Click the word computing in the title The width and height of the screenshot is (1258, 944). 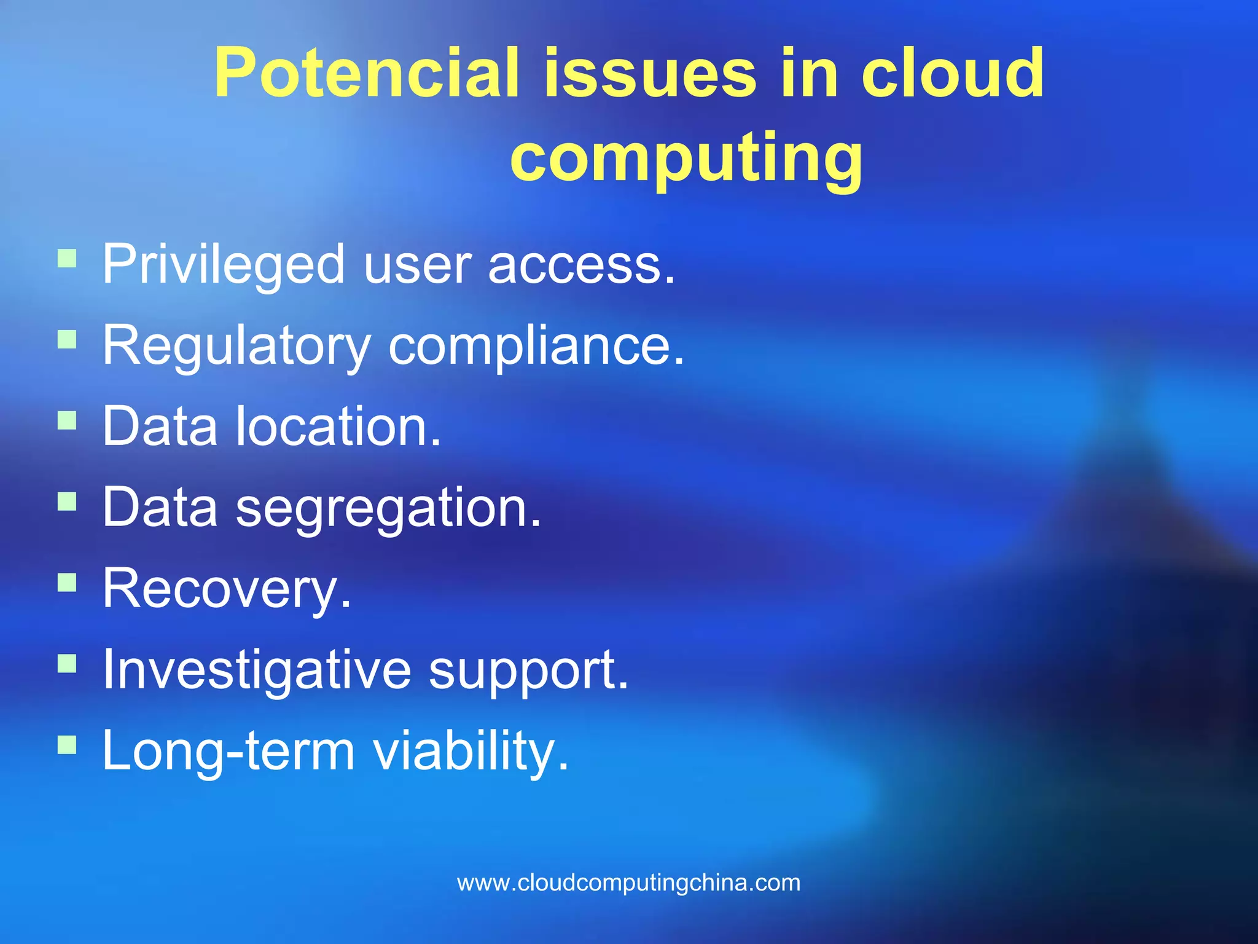coord(686,159)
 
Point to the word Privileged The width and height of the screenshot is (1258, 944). coord(223,265)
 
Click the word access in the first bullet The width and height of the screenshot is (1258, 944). coord(580,265)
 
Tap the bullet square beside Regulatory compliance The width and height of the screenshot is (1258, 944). coord(67,340)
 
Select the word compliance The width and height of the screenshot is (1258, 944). coord(536,347)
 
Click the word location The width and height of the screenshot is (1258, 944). coord(338,427)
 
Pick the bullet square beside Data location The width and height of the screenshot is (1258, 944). coord(67,421)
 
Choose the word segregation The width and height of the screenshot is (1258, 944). coord(388,509)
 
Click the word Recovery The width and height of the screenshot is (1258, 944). coord(227,589)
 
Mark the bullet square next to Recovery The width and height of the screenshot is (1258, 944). coord(67,582)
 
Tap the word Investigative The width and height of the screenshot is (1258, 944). coord(257,671)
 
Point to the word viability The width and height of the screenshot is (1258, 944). coord(471,751)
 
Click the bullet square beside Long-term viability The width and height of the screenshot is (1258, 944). coord(67,745)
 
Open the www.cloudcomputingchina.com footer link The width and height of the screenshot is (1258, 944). coord(628,883)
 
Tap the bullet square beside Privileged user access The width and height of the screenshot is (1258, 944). coord(67,258)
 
